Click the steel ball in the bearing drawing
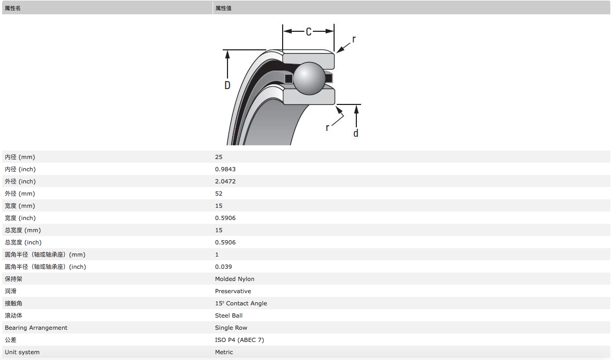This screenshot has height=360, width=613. click(309, 78)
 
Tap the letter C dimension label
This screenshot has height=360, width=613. click(308, 32)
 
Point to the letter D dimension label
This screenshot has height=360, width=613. click(227, 85)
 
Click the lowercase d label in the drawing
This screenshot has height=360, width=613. click(356, 133)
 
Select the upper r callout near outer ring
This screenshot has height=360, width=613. click(354, 39)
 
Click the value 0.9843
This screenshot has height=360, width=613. click(225, 169)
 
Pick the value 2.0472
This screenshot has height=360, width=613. click(225, 181)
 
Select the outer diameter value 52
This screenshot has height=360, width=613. click(219, 194)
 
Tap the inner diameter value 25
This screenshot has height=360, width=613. click(219, 157)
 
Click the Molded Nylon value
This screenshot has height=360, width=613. click(234, 279)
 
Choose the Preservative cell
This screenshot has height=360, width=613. click(233, 291)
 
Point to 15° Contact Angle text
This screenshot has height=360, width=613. click(241, 303)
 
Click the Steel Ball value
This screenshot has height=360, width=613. click(229, 315)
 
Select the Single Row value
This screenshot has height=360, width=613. click(231, 328)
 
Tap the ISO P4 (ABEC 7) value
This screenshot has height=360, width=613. click(239, 340)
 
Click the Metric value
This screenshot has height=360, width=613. click(224, 352)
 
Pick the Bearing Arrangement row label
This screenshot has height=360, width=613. click(36, 328)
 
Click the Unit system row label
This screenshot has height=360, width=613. click(22, 352)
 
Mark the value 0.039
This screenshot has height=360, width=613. click(223, 267)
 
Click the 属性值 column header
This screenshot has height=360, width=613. click(223, 8)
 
